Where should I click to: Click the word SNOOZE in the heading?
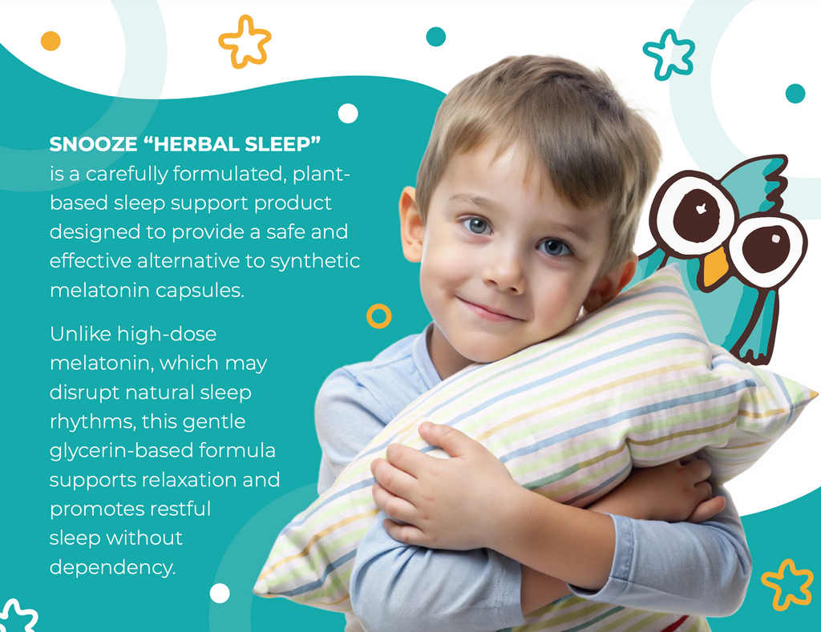pos(93,144)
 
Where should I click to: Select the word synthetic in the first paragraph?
pos(315,261)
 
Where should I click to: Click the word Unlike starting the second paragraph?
pos(80,334)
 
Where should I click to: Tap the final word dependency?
pos(112,568)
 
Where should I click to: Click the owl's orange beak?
pos(714,266)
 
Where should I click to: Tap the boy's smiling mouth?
pos(491,310)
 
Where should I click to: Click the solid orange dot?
pos(51,41)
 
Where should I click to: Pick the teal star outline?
pos(669,54)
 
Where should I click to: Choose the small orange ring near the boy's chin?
pos(379,307)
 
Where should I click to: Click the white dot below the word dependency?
pos(220,594)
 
